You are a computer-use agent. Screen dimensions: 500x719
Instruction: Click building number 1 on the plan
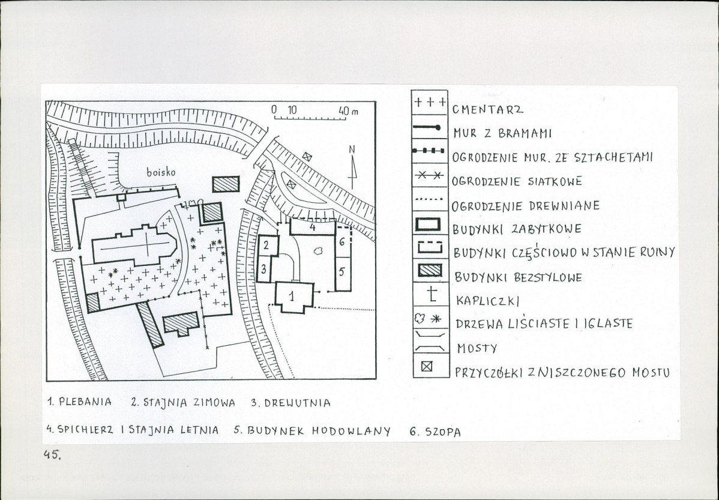[292, 296]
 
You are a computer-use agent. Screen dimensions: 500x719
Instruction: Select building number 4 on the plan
[313, 227]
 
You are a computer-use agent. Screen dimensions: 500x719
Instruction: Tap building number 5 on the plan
[341, 271]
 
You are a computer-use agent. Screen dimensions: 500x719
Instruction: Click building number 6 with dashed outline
[342, 241]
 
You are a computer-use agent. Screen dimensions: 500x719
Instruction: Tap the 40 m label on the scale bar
[346, 110]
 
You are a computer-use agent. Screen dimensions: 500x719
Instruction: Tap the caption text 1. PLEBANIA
[79, 402]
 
